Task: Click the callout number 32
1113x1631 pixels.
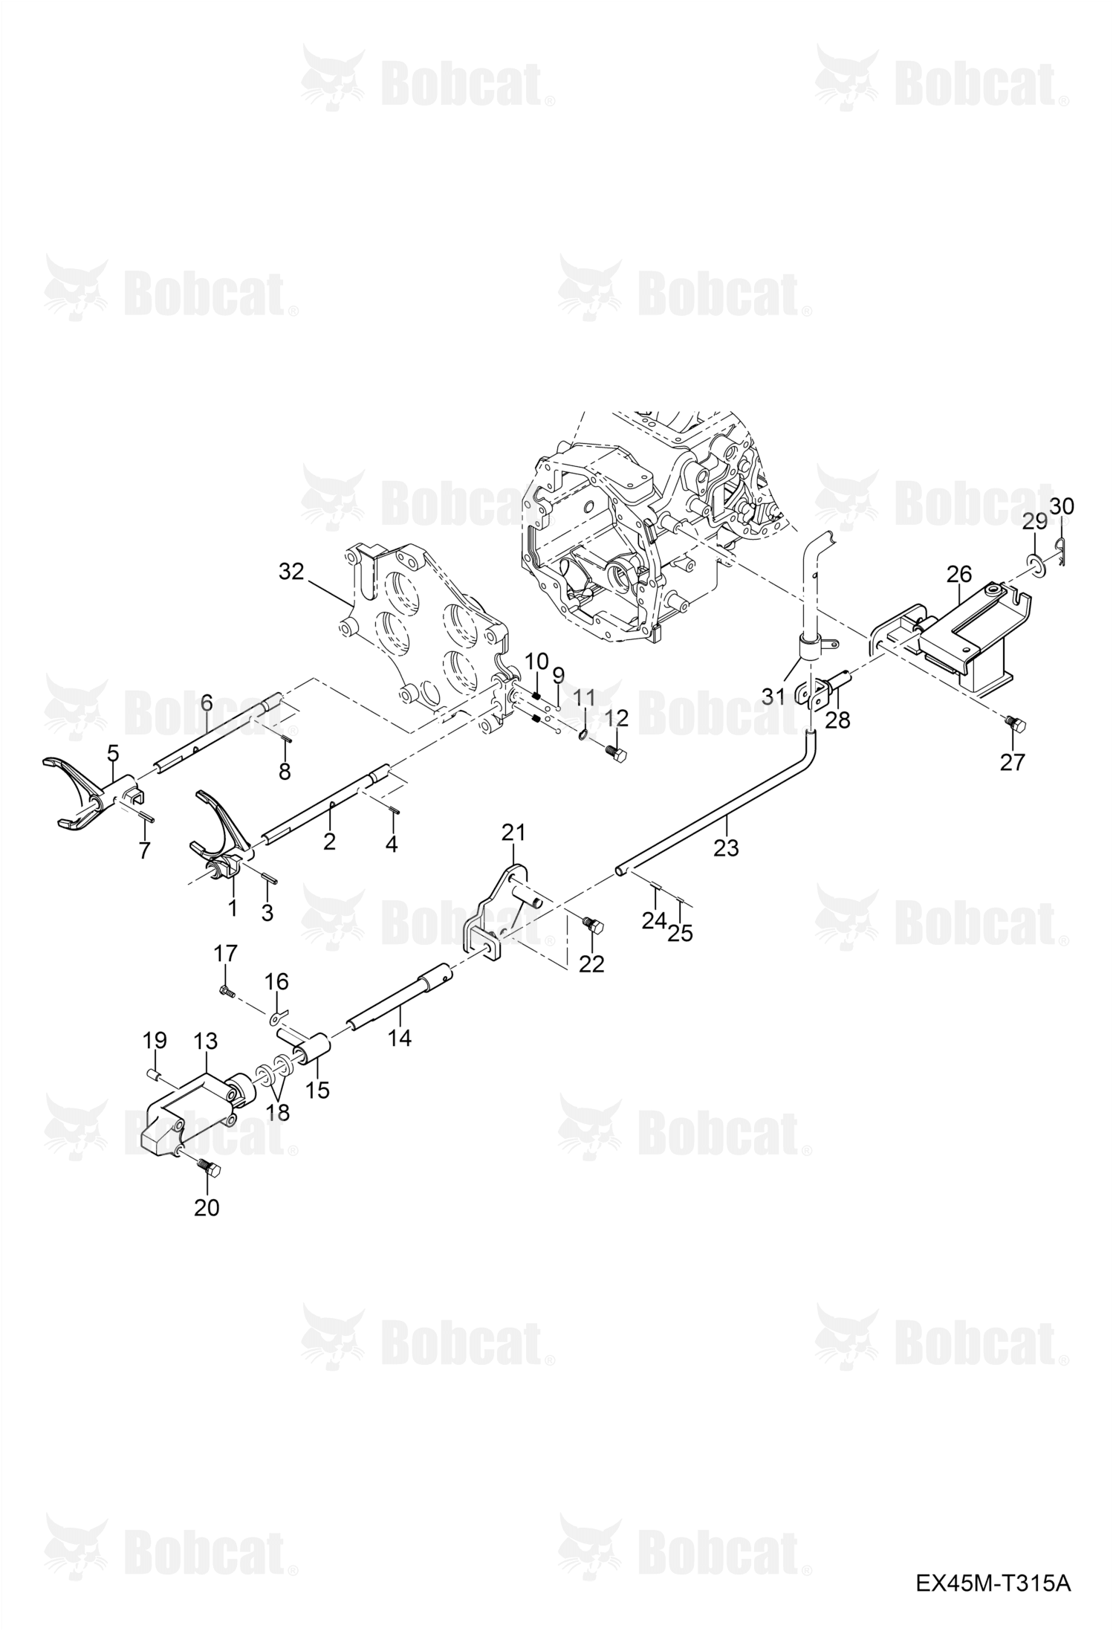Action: point(292,572)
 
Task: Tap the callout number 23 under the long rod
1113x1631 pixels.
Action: point(726,847)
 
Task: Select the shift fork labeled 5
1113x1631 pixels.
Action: point(87,792)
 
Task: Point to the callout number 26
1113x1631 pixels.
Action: point(959,574)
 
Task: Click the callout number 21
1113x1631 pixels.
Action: point(513,832)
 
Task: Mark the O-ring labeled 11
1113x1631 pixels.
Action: point(583,735)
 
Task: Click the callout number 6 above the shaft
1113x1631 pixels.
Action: point(207,702)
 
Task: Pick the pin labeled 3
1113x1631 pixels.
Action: point(270,876)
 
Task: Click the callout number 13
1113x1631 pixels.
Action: point(205,1041)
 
